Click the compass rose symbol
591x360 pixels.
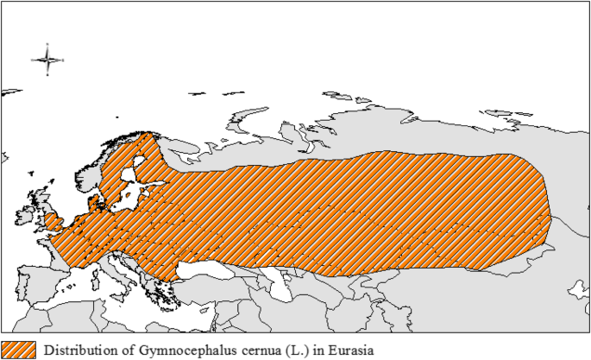47,60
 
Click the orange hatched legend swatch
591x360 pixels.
18,350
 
